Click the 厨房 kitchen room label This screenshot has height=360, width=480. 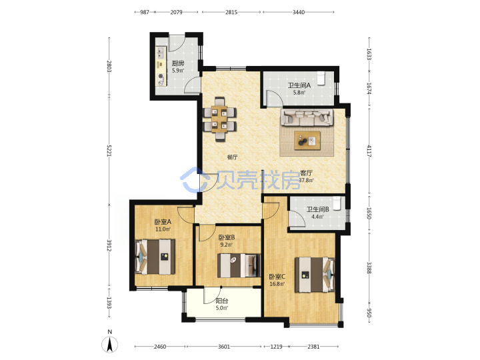click(x=178, y=64)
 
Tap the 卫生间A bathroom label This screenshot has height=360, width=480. click(x=299, y=85)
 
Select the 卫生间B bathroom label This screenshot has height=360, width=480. click(x=318, y=210)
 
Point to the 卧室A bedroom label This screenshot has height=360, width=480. click(x=163, y=221)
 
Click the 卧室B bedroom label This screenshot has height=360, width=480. click(x=227, y=237)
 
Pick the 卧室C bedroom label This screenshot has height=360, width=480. click(x=277, y=277)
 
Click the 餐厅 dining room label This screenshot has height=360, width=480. click(x=232, y=157)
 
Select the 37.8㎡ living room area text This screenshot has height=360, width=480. click(x=306, y=180)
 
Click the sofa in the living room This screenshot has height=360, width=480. click(x=307, y=117)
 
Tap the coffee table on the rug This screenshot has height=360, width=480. click(x=307, y=141)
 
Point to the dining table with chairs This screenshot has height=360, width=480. click(x=219, y=119)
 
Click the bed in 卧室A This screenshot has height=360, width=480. click(x=155, y=257)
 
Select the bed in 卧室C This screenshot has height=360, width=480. click(x=315, y=275)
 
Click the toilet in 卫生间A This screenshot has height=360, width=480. click(x=321, y=79)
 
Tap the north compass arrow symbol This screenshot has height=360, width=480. click(x=110, y=345)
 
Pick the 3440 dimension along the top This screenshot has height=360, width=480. click(x=299, y=12)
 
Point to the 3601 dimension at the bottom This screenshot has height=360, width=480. click(x=224, y=347)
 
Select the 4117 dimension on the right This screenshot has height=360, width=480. click(x=369, y=151)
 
